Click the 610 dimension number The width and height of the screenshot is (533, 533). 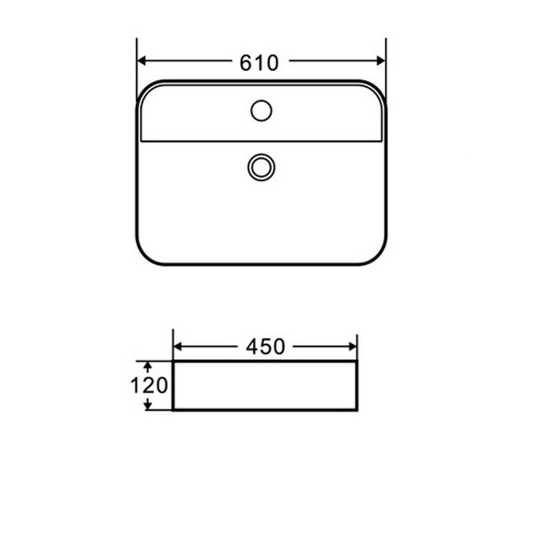[x=259, y=63]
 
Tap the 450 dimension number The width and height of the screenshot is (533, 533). [x=265, y=346]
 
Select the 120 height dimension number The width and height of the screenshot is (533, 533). [x=149, y=386]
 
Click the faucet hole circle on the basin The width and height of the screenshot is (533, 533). [x=261, y=111]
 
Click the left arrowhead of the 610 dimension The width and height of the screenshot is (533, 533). [x=141, y=61]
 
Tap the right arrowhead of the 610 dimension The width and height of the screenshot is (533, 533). [x=381, y=61]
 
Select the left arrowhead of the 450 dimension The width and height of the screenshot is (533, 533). [x=177, y=346]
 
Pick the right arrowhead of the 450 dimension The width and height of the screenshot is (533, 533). [x=353, y=346]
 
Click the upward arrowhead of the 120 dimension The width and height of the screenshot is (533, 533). [x=147, y=366]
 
